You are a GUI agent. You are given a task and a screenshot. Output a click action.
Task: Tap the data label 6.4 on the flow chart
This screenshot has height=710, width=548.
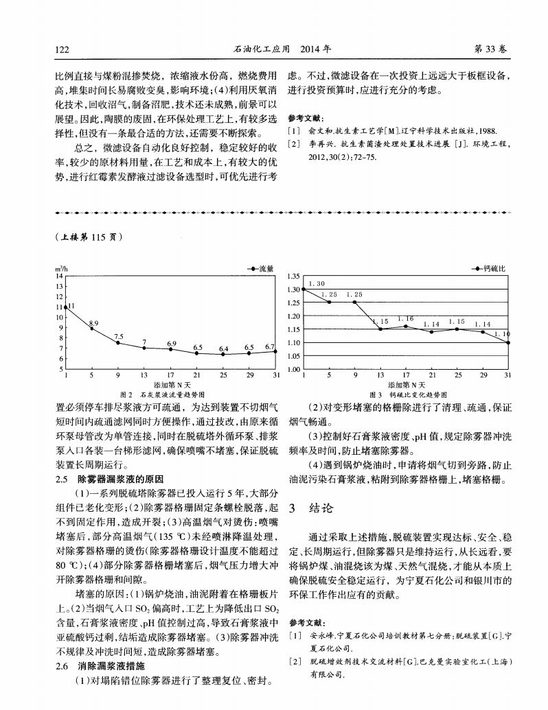coord(223,349)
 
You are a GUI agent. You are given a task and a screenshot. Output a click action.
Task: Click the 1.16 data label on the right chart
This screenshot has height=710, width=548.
coord(405,319)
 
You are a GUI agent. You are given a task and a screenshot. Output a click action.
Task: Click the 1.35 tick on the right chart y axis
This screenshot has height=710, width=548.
coord(293,277)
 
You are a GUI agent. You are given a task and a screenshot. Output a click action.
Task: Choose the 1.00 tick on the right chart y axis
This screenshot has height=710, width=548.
coord(293,370)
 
